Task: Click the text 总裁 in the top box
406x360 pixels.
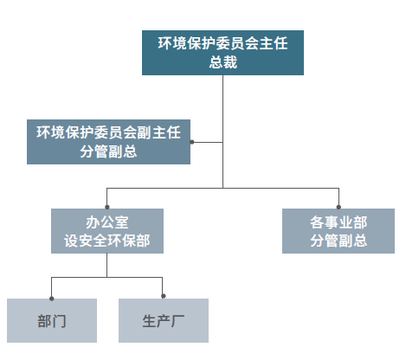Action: point(223,62)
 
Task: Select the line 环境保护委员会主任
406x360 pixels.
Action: point(222,43)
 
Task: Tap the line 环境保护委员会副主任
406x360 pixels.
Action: point(108,132)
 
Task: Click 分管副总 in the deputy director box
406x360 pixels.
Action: point(108,151)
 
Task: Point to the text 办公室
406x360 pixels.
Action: point(107,222)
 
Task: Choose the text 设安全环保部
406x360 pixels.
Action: point(107,241)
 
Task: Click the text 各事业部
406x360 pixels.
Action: point(338,222)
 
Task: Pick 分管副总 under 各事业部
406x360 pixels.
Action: point(338,241)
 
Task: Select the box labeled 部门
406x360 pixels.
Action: point(52,320)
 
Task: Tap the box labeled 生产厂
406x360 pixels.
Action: point(164,320)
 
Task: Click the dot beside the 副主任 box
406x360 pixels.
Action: point(192,142)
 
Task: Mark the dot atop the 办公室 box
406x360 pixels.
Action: point(107,207)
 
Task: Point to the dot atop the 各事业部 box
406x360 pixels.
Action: point(338,207)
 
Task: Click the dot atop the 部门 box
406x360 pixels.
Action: point(52,299)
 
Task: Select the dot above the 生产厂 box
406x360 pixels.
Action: point(163,296)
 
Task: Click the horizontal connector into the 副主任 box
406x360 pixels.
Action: point(207,142)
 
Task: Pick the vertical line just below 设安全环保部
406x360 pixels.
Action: point(107,265)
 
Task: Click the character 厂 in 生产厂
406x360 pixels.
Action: point(178,321)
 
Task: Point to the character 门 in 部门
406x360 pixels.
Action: point(59,321)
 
